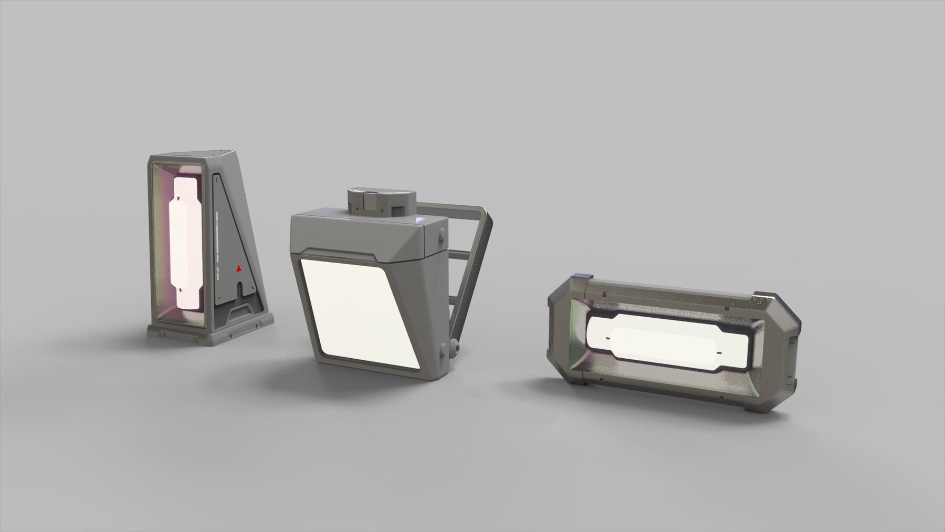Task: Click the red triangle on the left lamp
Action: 239,268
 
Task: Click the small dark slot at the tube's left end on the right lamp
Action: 608,337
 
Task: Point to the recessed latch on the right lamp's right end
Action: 792,347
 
